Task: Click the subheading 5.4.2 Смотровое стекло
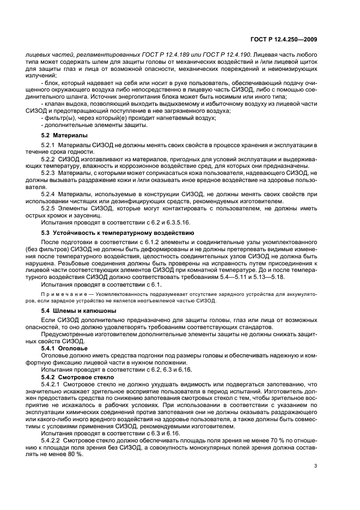[77, 377]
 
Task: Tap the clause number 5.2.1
[50, 144]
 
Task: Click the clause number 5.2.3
[50, 173]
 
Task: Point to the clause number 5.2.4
[50, 194]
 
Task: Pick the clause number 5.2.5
[50, 208]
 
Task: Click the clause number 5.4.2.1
[52, 384]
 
